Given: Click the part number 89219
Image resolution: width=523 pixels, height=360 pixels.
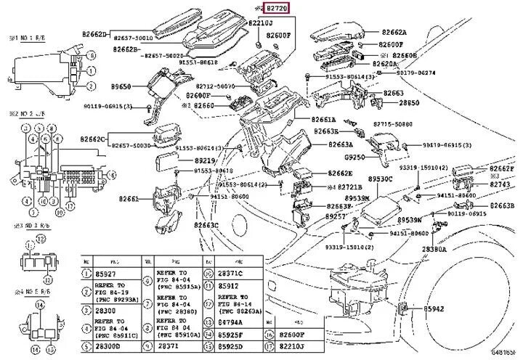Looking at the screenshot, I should [206, 160].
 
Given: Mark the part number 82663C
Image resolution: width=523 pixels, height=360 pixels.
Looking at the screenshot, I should [206, 225].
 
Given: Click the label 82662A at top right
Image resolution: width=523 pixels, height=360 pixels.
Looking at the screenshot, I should [394, 33].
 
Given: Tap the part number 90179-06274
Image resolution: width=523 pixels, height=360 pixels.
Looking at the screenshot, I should [416, 73].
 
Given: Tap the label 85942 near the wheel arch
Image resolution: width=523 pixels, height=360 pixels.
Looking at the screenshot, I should [435, 309].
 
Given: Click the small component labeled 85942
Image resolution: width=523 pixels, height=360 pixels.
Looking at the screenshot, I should [404, 310].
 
